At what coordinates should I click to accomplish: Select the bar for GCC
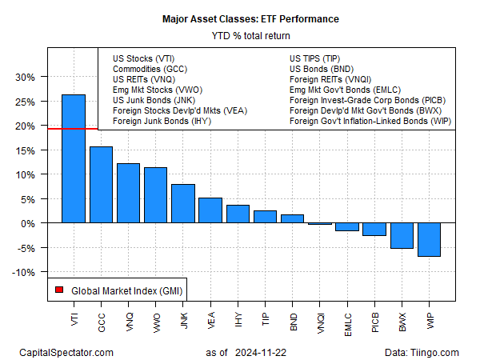point(101,185)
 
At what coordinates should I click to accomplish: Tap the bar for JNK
point(183,203)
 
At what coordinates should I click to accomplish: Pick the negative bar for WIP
point(429,239)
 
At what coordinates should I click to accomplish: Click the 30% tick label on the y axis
point(24,78)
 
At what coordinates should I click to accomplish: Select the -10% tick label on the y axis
point(22,272)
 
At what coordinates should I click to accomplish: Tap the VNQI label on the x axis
point(321,318)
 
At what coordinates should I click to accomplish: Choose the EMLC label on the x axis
point(348,318)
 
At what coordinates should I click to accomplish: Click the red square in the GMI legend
point(59,290)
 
